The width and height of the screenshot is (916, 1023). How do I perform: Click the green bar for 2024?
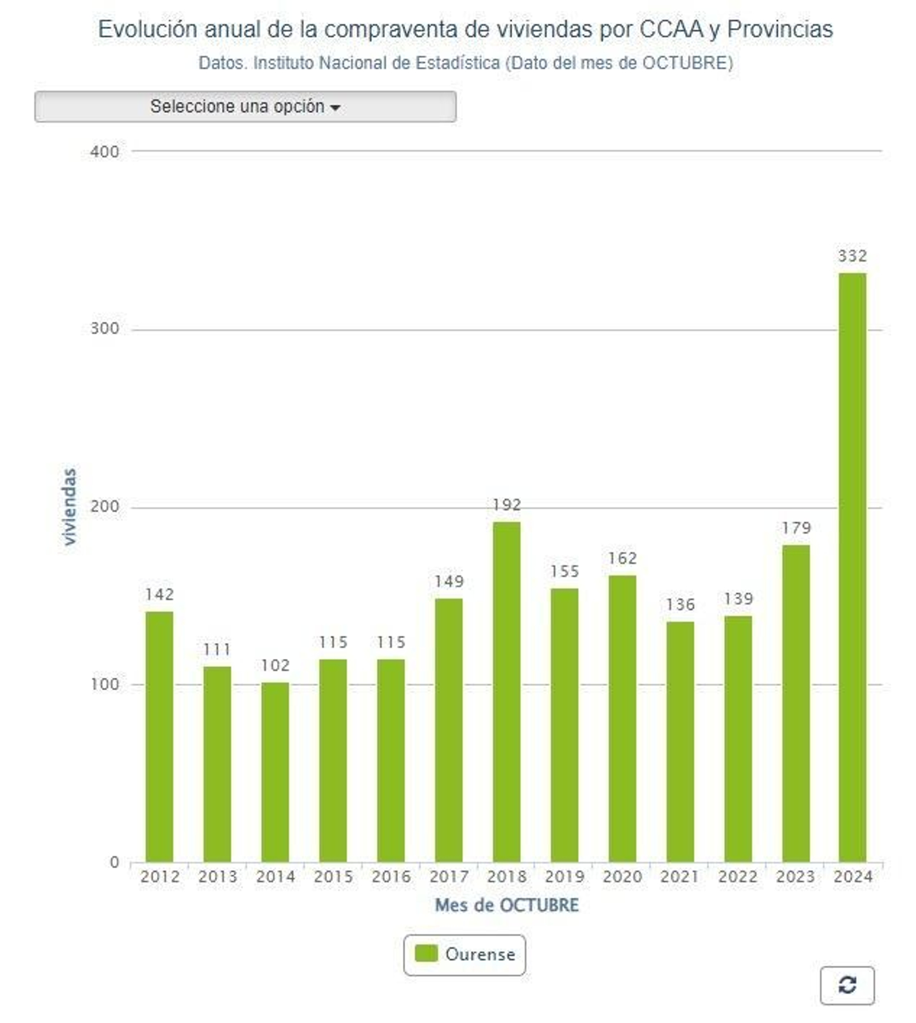tap(852, 567)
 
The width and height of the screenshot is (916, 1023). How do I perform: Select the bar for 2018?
tap(506, 691)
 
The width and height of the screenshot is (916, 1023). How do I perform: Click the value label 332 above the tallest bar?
tap(852, 256)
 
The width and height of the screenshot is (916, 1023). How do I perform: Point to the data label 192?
tap(507, 504)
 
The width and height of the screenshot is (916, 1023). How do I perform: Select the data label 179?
tap(796, 527)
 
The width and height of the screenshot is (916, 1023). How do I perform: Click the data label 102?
tap(275, 665)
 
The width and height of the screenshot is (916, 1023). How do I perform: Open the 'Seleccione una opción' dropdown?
tap(245, 106)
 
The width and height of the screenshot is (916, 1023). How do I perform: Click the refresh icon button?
tap(846, 985)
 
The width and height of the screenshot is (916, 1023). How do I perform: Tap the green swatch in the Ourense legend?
tap(426, 953)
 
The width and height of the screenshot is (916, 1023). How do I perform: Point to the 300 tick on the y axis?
tap(105, 329)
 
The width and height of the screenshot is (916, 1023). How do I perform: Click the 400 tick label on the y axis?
tap(105, 152)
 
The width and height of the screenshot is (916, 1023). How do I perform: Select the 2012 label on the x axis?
tap(160, 876)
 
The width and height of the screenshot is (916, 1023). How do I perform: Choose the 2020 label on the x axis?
tap(622, 876)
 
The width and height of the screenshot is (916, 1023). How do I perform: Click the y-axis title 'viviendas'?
tap(69, 507)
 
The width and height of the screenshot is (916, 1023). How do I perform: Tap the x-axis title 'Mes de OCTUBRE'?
tap(507, 905)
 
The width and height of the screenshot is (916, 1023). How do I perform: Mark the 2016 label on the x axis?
tap(391, 876)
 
